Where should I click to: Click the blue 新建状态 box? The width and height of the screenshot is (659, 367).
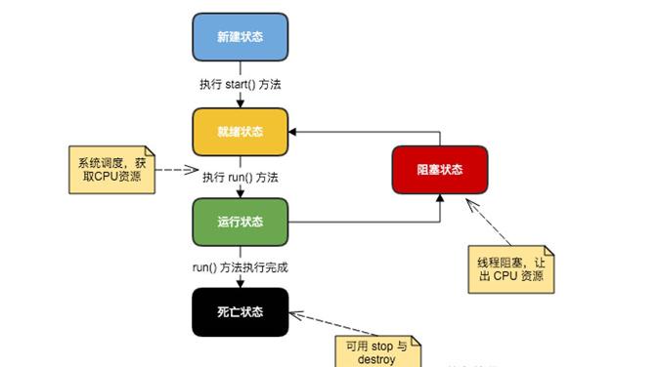pos(240,37)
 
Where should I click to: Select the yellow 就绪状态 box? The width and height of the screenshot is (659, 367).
pos(240,131)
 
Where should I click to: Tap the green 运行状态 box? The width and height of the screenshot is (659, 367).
pos(240,222)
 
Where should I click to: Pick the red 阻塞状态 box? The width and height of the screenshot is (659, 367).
pos(439,170)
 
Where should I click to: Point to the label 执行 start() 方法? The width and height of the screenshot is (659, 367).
pos(240,85)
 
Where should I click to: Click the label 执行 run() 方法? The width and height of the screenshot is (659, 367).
pos(241,178)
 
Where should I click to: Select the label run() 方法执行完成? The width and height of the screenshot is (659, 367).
pos(241,266)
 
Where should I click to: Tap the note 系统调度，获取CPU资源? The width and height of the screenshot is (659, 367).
pos(111,169)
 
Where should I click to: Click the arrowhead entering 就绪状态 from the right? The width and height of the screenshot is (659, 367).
pos(294,131)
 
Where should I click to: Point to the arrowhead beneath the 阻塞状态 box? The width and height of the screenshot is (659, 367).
pos(439,199)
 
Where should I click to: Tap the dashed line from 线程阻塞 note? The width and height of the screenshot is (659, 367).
pos(487,221)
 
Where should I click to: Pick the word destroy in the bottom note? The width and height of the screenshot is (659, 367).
pos(373,359)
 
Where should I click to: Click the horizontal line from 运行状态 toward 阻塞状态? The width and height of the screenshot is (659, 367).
pos(362,222)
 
